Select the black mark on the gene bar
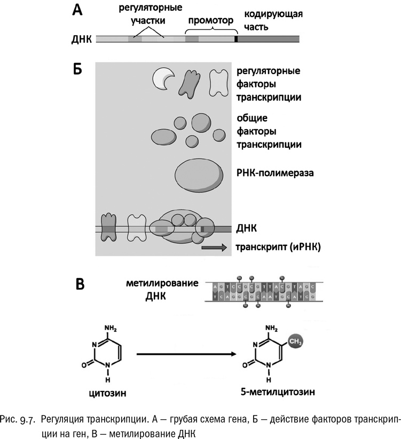(x=235, y=39)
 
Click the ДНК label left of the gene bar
(x=81, y=39)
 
